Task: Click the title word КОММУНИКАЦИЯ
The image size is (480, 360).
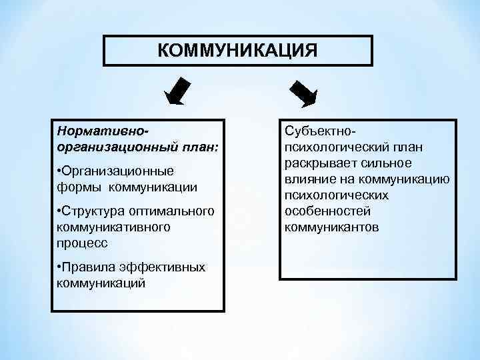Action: point(237,51)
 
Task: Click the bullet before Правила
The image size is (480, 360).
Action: point(60,267)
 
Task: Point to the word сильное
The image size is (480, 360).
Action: point(389,163)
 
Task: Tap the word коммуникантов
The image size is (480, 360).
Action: point(331,227)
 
